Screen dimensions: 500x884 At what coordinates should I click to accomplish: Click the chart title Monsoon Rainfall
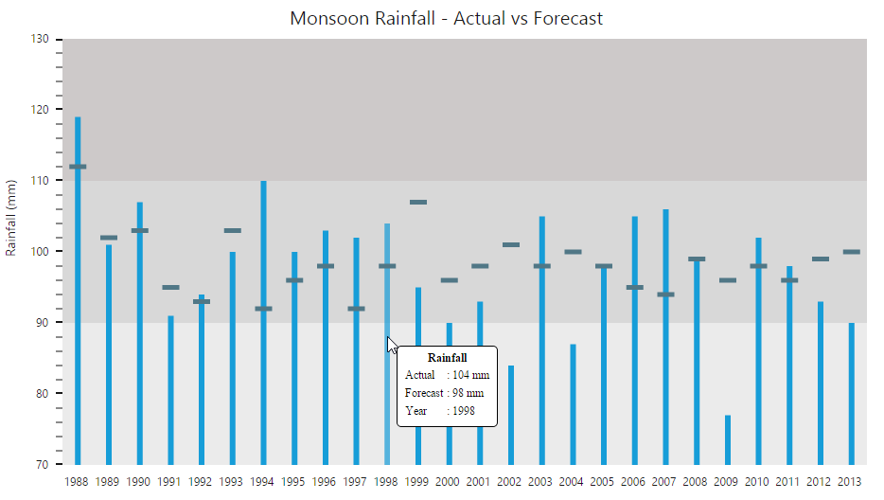click(x=446, y=19)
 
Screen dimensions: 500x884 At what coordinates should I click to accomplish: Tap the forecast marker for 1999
click(x=417, y=202)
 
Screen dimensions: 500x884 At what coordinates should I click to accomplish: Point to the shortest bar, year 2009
click(x=727, y=439)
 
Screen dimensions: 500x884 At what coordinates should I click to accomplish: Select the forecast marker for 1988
click(x=78, y=167)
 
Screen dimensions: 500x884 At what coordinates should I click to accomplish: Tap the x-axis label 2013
click(x=850, y=482)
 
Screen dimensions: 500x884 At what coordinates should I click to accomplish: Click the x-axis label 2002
click(x=510, y=482)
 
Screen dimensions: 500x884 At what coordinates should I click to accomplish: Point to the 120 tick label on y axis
click(x=39, y=110)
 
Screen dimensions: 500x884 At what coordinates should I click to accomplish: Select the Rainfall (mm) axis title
click(x=11, y=218)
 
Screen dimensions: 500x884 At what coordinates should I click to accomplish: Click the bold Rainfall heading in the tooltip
click(x=448, y=358)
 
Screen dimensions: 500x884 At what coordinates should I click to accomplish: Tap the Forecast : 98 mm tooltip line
click(x=444, y=393)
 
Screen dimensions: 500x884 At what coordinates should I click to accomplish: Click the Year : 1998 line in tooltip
click(x=440, y=411)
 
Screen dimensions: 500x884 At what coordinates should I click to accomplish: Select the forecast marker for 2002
click(x=510, y=244)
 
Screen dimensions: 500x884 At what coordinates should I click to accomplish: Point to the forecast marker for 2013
click(x=851, y=252)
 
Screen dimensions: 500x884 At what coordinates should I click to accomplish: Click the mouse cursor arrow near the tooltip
click(x=392, y=345)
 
